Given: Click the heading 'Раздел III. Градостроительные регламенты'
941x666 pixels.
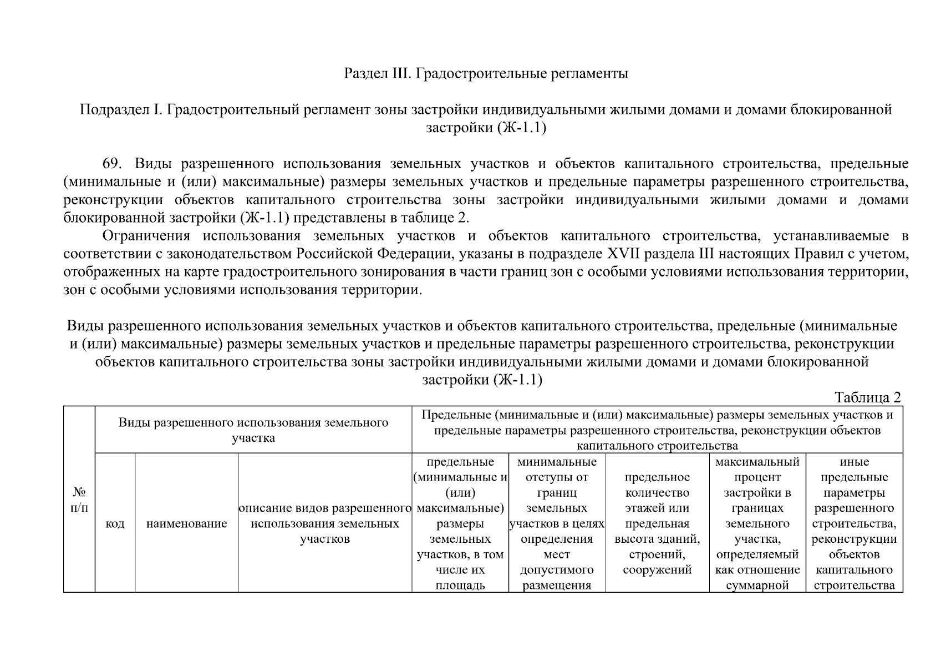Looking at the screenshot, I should pyautogui.click(x=486, y=73).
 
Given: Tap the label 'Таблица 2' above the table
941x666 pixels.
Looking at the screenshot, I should pyautogui.click(x=868, y=397).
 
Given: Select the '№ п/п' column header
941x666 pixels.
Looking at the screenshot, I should pyautogui.click(x=79, y=500).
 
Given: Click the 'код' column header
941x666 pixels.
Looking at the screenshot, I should pyautogui.click(x=115, y=524).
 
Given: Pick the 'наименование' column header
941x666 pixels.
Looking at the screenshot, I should pyautogui.click(x=187, y=524).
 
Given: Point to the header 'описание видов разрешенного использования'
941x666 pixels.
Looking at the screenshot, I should pyautogui.click(x=325, y=523).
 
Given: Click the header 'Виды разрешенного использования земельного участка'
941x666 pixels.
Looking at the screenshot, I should pyautogui.click(x=253, y=430).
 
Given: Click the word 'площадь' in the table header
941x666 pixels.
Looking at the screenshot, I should pyautogui.click(x=460, y=585).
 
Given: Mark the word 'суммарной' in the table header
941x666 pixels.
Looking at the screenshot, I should pyautogui.click(x=757, y=585).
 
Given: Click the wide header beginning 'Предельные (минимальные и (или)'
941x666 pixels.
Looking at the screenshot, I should pyautogui.click(x=657, y=430).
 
